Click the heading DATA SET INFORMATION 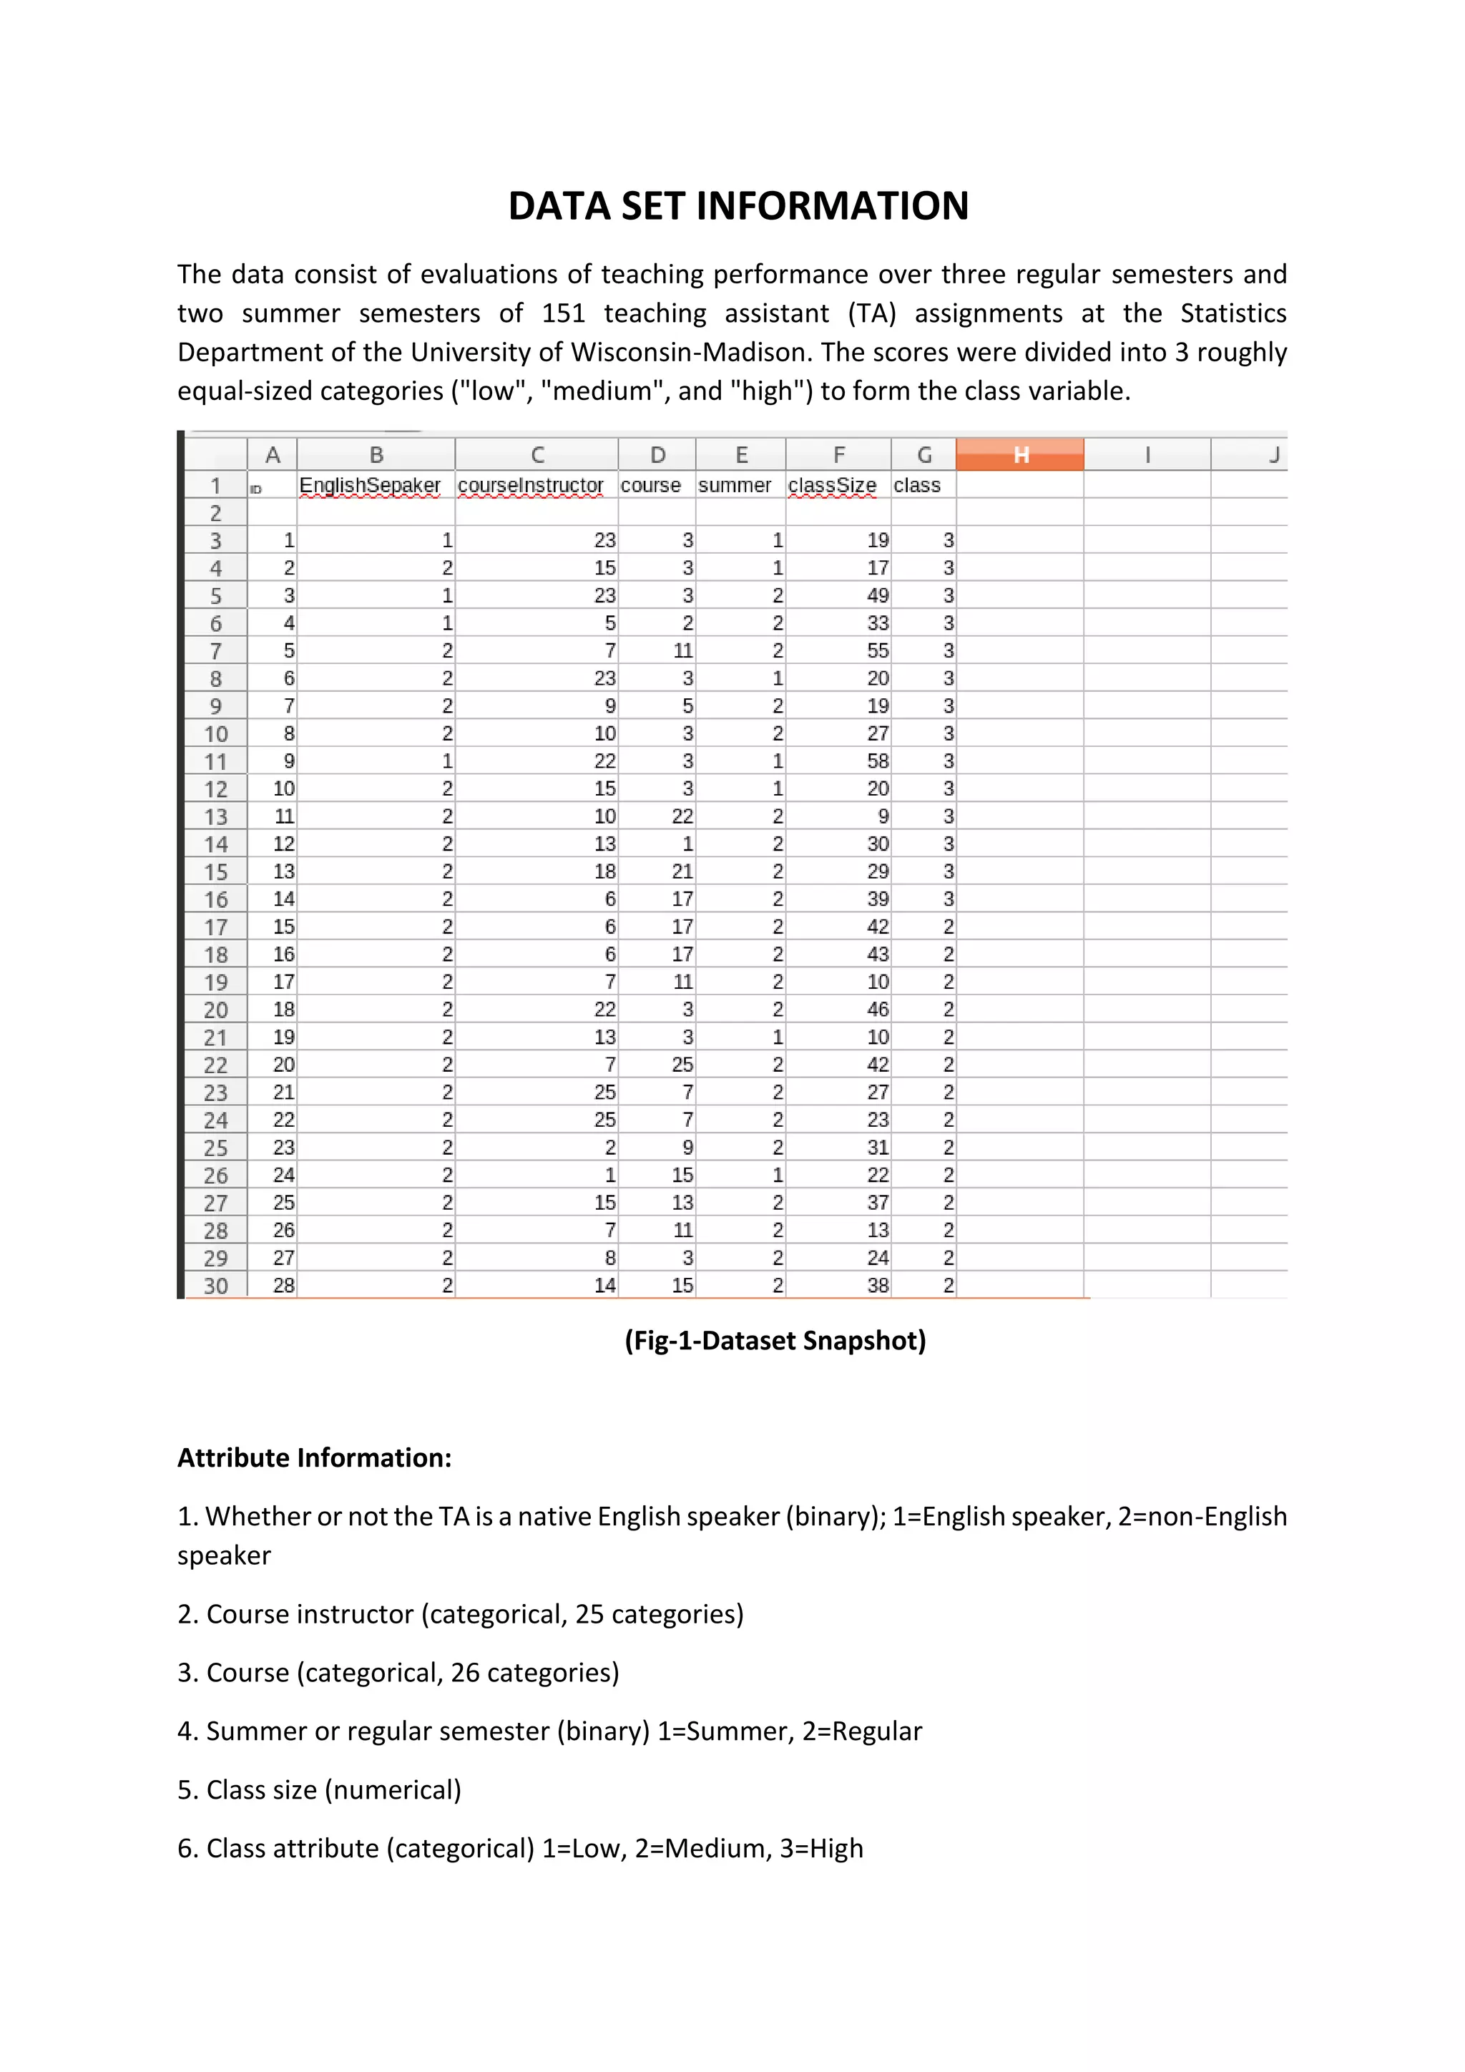(738, 207)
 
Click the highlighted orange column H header (1019, 455)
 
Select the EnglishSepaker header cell (370, 486)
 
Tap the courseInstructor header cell (531, 486)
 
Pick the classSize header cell (832, 486)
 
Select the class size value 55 (878, 650)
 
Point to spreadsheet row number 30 (215, 1286)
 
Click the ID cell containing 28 (283, 1286)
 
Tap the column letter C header (536, 455)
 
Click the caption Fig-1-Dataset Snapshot (775, 1341)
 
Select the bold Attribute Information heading (314, 1458)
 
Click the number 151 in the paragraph (564, 313)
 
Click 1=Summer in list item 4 (725, 1731)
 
